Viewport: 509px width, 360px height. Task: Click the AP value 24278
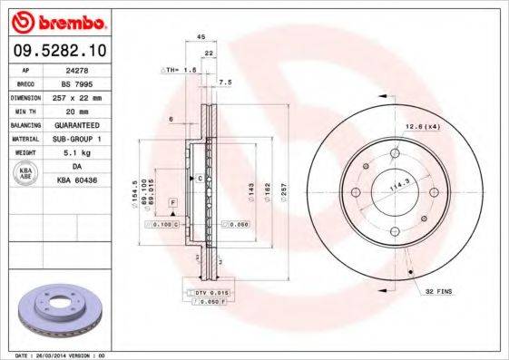point(77,68)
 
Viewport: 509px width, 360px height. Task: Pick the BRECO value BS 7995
point(77,82)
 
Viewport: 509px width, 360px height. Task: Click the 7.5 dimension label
point(226,82)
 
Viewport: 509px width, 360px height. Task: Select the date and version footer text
point(56,355)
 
